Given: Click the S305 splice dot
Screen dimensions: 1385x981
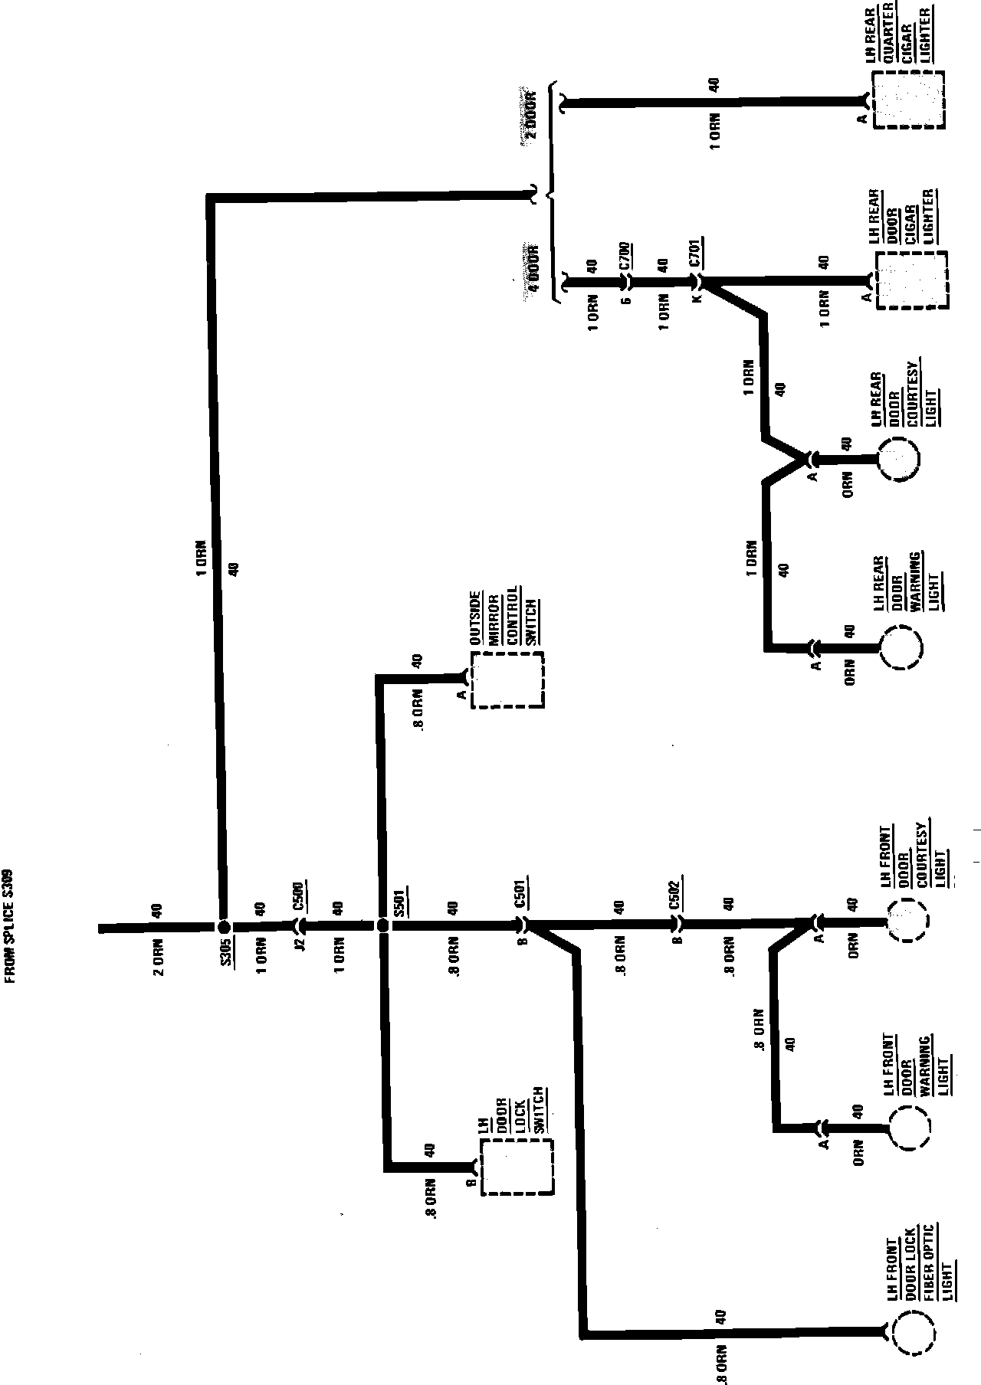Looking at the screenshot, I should [224, 925].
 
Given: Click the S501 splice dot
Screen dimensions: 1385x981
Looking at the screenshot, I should [384, 925].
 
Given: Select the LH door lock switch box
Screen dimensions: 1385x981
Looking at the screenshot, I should [517, 1167].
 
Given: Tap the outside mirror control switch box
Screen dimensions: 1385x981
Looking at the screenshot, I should [507, 680].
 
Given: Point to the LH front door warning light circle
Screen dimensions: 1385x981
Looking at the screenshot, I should [909, 1127].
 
